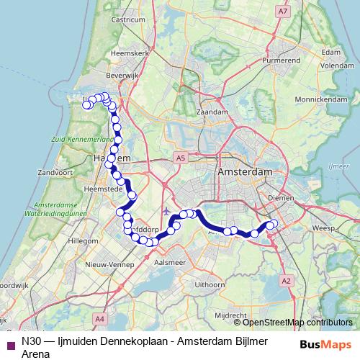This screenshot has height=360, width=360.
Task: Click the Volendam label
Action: pyautogui.click(x=330, y=64)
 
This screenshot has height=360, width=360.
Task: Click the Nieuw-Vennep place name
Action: pyautogui.click(x=107, y=266)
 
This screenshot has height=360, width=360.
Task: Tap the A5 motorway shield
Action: pyautogui.click(x=180, y=157)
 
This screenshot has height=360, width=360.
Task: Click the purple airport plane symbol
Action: pyautogui.click(x=167, y=212)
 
